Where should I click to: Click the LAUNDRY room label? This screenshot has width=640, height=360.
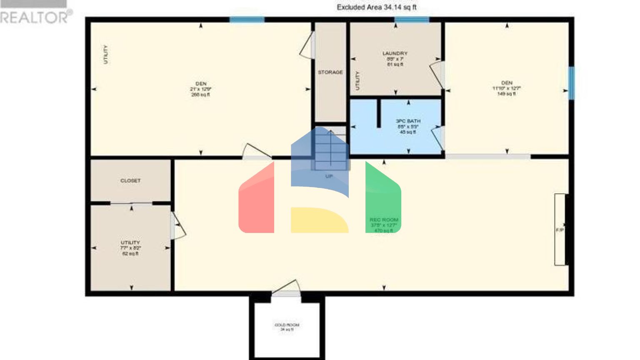click(395, 53)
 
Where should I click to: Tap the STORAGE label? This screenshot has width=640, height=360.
click(330, 72)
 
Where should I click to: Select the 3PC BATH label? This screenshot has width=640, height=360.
click(408, 121)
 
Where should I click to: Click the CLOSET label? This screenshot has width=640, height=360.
click(130, 181)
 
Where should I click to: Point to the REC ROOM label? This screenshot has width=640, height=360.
click(384, 220)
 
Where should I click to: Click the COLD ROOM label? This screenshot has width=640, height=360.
click(287, 325)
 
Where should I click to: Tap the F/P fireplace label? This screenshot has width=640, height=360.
click(560, 230)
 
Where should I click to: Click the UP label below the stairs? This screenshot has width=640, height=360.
click(329, 176)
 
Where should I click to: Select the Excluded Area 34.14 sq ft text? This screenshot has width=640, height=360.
click(376, 7)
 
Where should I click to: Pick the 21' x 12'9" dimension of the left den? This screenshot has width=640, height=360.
click(201, 89)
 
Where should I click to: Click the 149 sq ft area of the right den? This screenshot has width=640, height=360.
click(506, 94)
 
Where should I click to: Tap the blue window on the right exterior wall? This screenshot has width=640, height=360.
click(572, 83)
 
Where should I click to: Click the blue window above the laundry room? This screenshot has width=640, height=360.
click(412, 20)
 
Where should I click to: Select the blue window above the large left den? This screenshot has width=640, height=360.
click(247, 20)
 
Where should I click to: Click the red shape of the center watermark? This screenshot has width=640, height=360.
click(256, 202)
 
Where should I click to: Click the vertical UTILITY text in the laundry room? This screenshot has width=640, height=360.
click(357, 81)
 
